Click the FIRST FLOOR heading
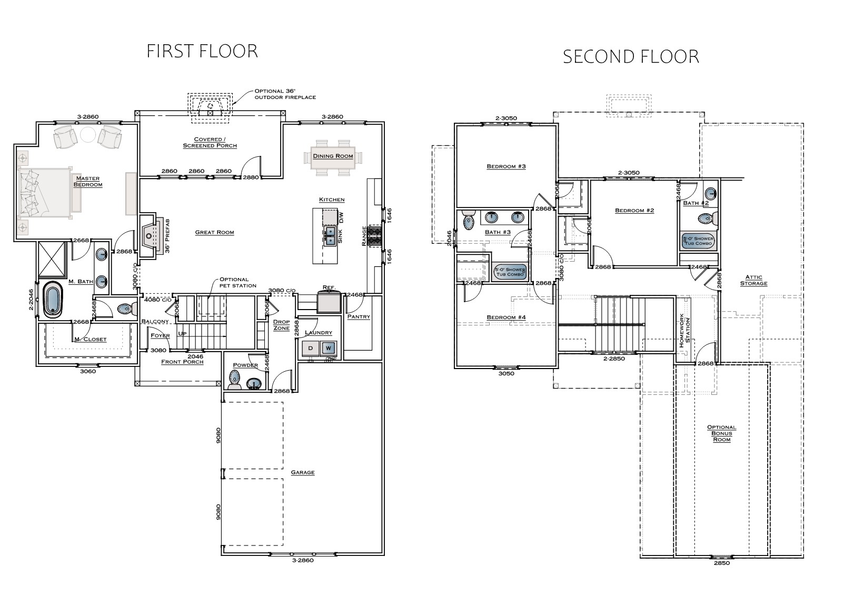[x=202, y=51]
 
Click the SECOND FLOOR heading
[x=631, y=56]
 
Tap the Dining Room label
[x=333, y=156]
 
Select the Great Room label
[x=214, y=232]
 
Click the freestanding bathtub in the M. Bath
[x=52, y=299]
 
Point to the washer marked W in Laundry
[x=328, y=348]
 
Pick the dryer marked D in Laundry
[x=310, y=348]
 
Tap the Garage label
[x=303, y=472]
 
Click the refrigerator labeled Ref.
[x=329, y=302]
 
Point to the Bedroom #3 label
[x=506, y=166]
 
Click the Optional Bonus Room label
[x=721, y=433]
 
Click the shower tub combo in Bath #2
[x=698, y=241]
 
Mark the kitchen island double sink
[x=330, y=236]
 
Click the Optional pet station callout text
[x=237, y=282]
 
